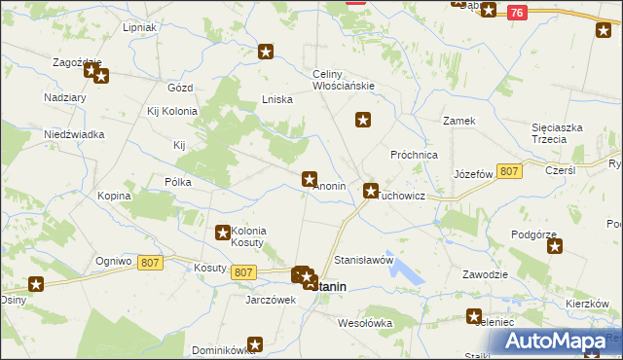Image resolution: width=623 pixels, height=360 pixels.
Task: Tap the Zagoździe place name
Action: tap(78, 61)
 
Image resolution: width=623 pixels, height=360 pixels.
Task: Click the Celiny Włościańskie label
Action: tap(344, 80)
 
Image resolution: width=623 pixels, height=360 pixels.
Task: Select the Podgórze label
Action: tap(532, 234)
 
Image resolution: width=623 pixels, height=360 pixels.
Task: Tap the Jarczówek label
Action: tap(271, 300)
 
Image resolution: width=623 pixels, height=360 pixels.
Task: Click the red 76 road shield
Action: tap(516, 13)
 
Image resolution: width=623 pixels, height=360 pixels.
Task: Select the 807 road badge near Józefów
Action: tap(508, 171)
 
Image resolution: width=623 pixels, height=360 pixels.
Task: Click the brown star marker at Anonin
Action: tap(310, 179)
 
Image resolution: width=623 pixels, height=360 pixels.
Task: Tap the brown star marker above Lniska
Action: tap(266, 52)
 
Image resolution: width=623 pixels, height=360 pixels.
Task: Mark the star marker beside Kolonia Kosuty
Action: tap(222, 233)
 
